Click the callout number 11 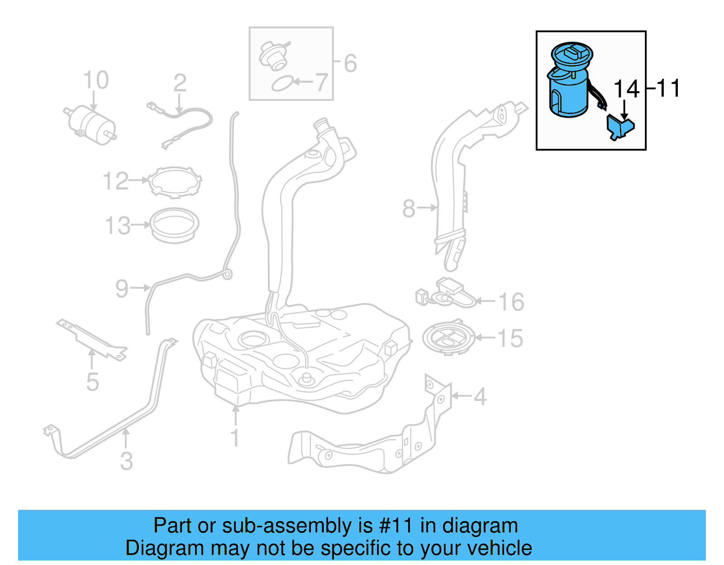668,88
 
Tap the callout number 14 626,89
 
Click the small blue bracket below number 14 620,127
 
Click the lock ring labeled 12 176,182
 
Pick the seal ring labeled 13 174,224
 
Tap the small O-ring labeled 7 282,84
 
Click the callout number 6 350,63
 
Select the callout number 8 408,209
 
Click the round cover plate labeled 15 448,338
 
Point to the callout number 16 511,302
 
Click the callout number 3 127,461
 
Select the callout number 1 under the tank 235,437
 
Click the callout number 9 122,288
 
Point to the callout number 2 180,83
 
